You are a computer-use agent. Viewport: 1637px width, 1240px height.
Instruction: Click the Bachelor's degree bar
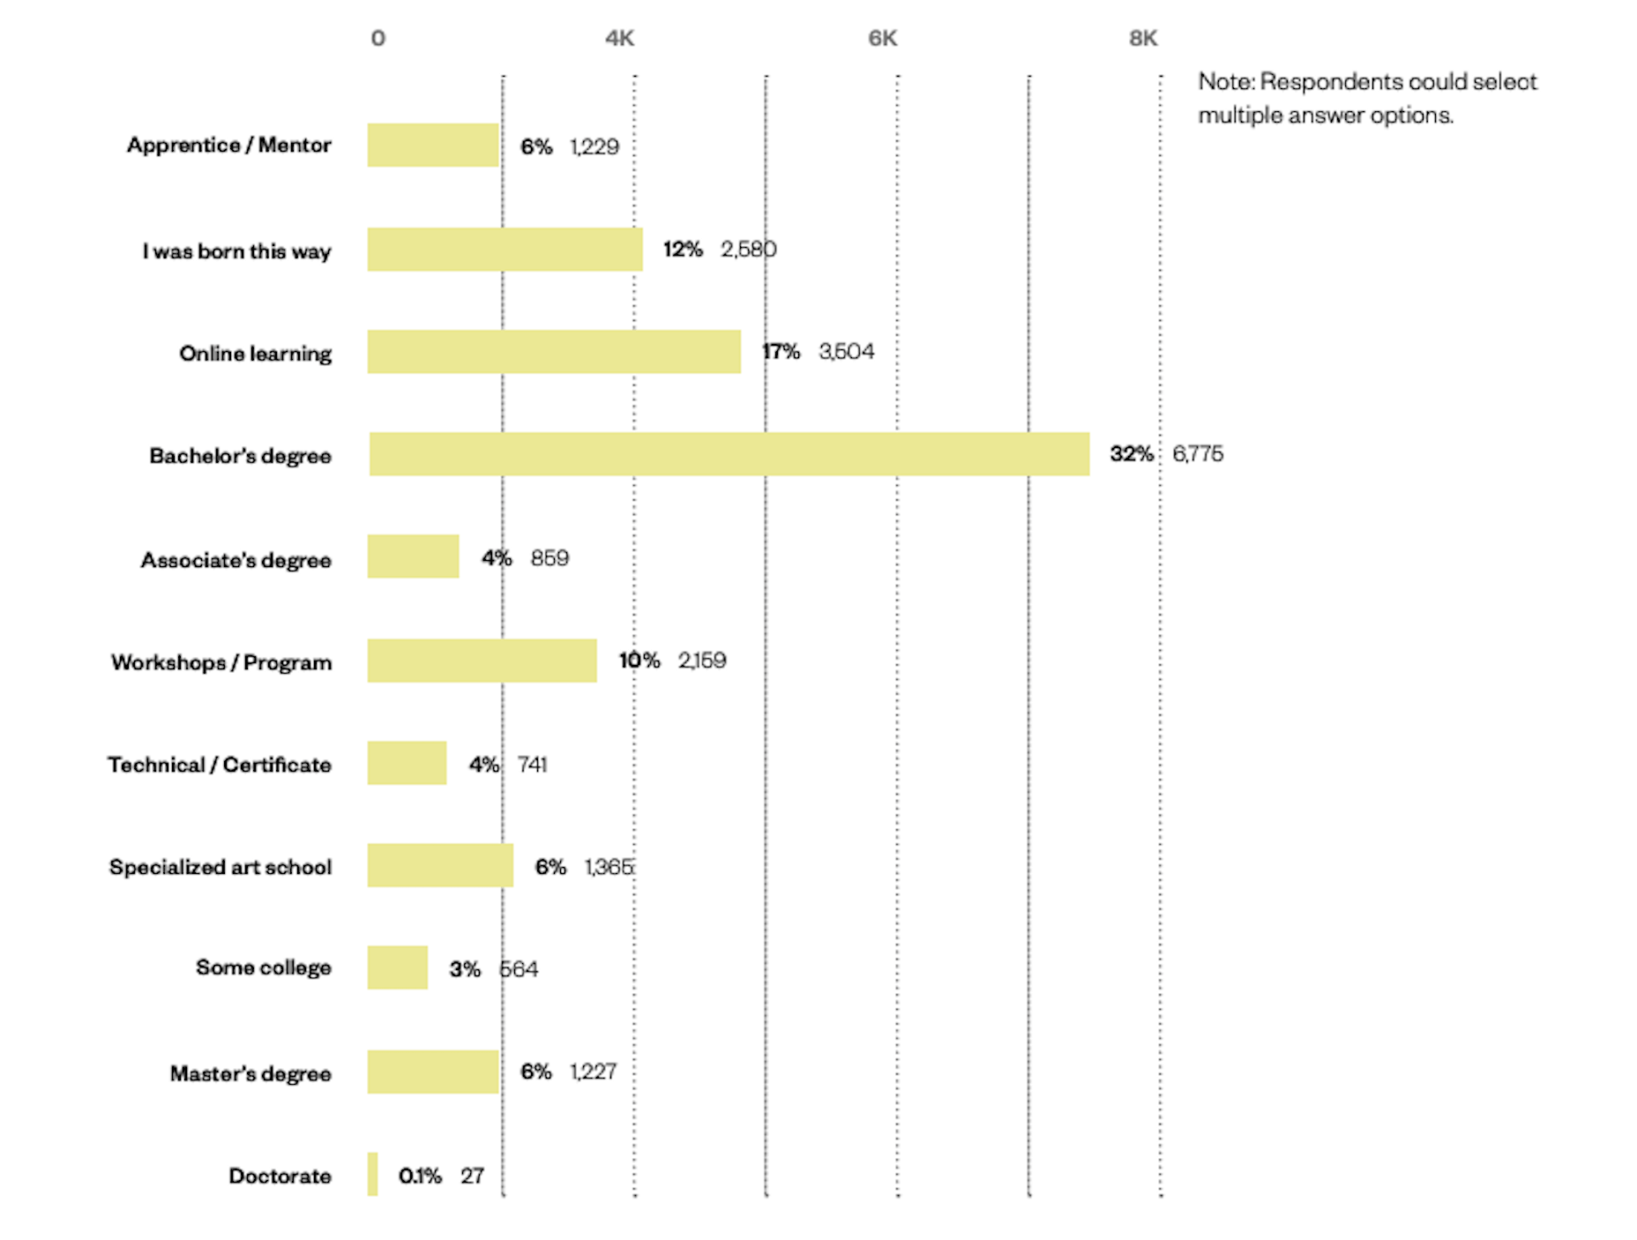click(x=729, y=454)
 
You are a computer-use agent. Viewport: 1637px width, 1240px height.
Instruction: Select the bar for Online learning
click(x=554, y=352)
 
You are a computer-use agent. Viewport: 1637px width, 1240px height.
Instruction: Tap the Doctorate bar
click(x=373, y=1174)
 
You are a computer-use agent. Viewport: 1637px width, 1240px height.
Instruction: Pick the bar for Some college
click(x=398, y=967)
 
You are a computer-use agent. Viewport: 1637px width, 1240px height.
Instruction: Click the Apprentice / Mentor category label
click(x=229, y=145)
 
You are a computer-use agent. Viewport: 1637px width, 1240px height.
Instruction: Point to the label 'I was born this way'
click(x=237, y=251)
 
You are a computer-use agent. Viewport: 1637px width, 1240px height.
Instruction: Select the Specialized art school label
click(x=221, y=867)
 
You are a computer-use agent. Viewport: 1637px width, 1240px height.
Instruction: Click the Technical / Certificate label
click(x=220, y=765)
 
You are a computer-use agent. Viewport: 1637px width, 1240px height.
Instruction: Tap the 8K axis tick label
click(x=1143, y=38)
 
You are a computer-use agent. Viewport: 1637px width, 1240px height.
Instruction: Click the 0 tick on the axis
click(x=377, y=38)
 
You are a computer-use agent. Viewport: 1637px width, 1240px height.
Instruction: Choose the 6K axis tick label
click(x=882, y=38)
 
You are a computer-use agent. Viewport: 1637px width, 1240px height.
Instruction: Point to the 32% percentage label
click(x=1131, y=453)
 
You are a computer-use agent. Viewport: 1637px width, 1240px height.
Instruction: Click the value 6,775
click(x=1198, y=453)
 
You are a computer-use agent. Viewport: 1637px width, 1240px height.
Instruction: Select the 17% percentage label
click(x=781, y=351)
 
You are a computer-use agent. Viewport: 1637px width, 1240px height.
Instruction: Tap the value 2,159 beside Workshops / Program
click(x=702, y=660)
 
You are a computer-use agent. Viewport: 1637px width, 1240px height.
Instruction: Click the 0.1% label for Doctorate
click(x=420, y=1176)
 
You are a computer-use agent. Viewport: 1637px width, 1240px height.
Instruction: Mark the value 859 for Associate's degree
click(x=549, y=557)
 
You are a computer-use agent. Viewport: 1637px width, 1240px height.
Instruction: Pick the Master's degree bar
click(x=433, y=1072)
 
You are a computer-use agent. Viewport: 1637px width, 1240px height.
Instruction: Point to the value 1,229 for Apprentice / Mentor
click(x=594, y=146)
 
